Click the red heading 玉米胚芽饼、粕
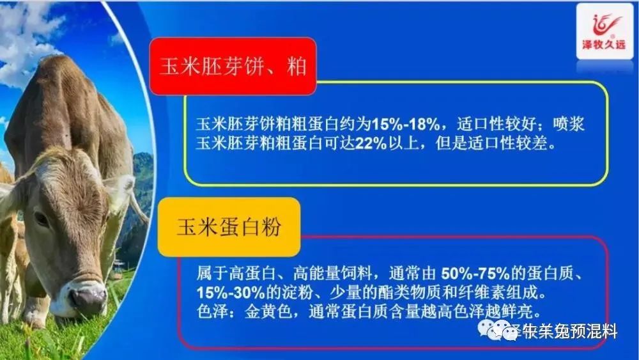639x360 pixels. point(233,67)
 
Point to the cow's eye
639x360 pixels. point(42,218)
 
